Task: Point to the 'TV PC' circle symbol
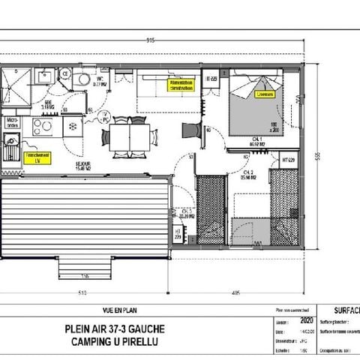click(105, 116)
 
